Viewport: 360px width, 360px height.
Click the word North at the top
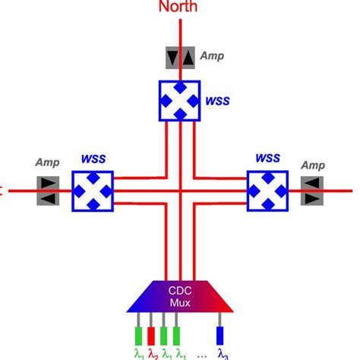coord(180,8)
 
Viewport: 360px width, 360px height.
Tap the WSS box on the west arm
coord(93,190)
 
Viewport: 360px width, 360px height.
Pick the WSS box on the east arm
coord(267,190)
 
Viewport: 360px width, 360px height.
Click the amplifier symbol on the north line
coord(181,57)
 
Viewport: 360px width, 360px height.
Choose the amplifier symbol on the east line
coord(311,190)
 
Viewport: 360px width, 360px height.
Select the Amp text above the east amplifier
coord(312,164)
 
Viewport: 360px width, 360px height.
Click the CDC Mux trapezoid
coord(181,295)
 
